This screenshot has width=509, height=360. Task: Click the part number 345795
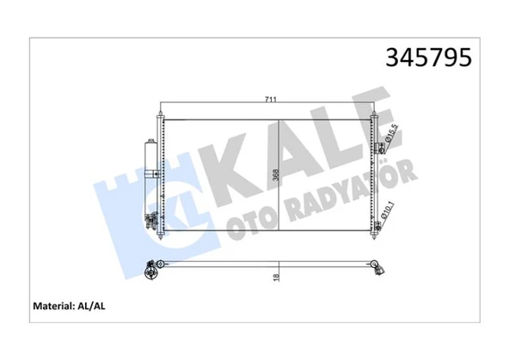[428, 58]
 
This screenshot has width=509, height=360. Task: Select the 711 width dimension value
[270, 100]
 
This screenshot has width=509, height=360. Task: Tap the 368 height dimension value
[276, 175]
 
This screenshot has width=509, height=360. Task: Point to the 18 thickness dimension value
[276, 278]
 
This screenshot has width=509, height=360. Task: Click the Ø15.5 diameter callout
[391, 133]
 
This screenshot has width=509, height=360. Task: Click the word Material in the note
[52, 306]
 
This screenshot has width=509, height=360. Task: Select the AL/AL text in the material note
[91, 306]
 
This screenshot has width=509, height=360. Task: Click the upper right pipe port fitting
[379, 148]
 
